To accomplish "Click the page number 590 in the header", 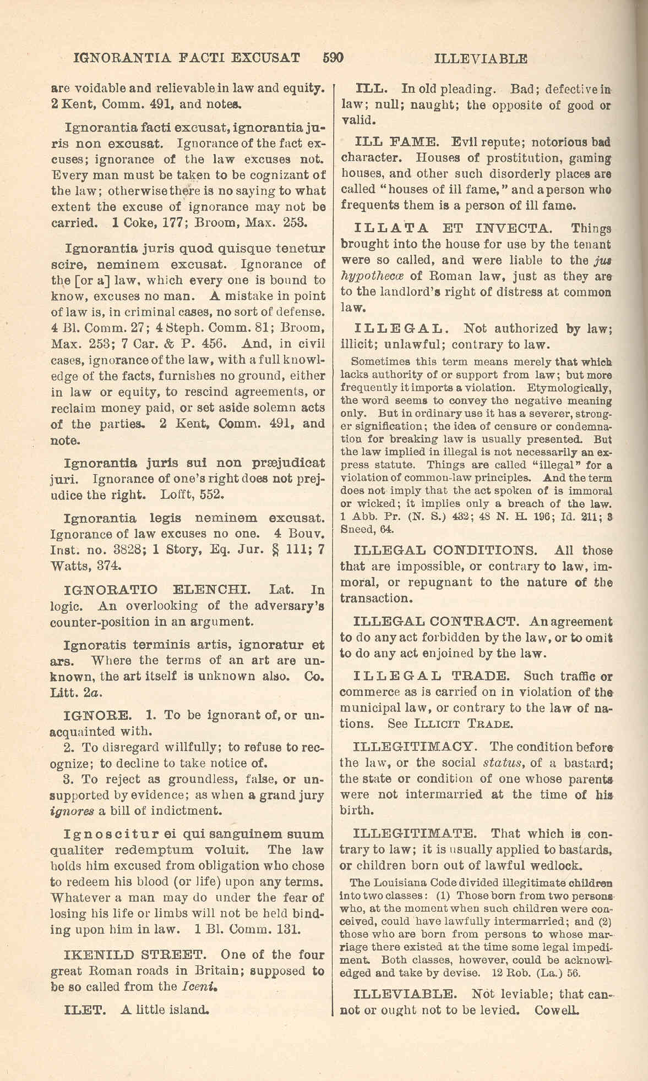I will click(x=333, y=58).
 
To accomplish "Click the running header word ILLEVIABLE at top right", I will click(x=481, y=59).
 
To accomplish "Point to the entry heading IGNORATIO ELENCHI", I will click(x=157, y=590).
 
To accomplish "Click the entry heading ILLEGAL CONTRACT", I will click(x=435, y=622).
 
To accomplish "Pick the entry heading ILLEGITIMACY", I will click(x=413, y=747).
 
